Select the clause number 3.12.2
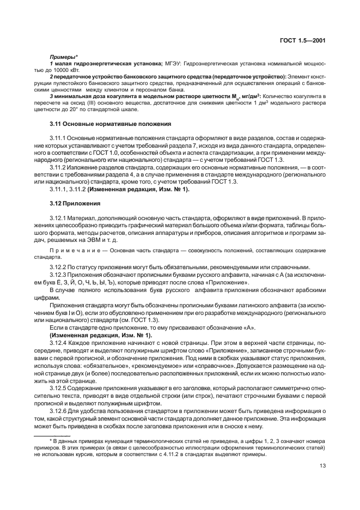[x=58, y=267]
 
